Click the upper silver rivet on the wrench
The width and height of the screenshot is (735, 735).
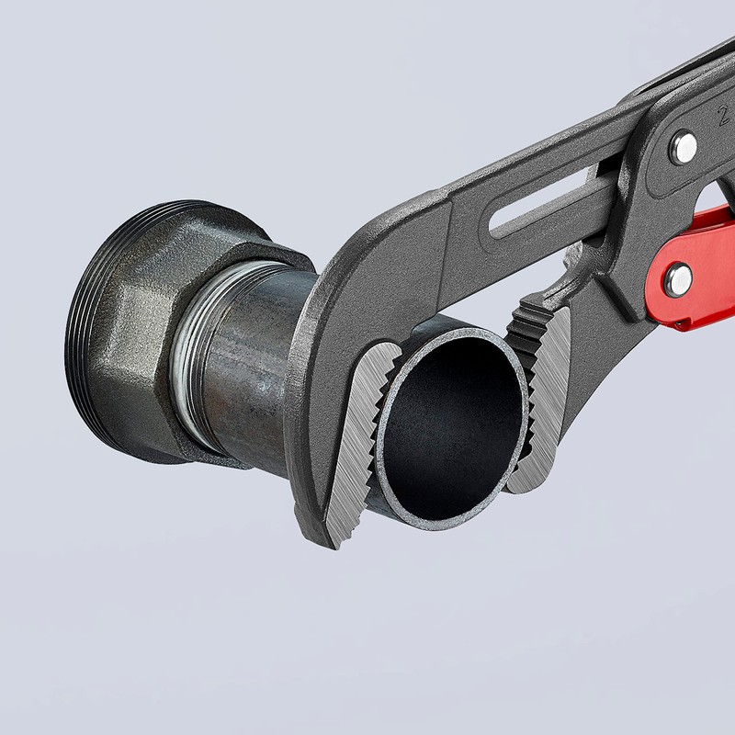click(x=682, y=146)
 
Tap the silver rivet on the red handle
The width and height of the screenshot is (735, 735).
click(x=679, y=278)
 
